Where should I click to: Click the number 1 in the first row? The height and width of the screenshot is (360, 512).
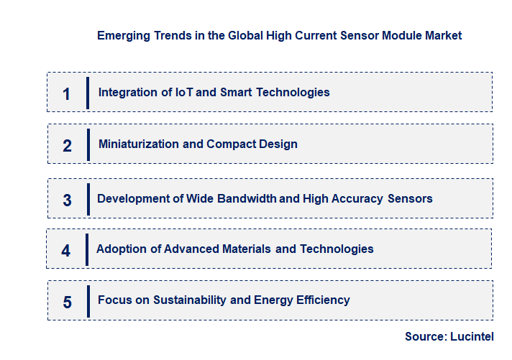pos(66,94)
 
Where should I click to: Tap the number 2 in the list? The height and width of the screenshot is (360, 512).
pos(67,146)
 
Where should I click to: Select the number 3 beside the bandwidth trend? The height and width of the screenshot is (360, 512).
pos(67,200)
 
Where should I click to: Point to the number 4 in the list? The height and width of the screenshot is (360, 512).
pos(66,251)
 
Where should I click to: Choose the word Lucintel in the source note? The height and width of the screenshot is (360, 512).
pos(472,336)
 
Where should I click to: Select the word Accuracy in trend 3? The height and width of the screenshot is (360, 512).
pos(357,198)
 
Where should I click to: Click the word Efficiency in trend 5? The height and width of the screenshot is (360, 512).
pos(323,300)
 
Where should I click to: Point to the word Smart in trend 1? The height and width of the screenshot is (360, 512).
pos(236,92)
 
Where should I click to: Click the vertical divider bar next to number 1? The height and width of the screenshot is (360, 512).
pos(88,93)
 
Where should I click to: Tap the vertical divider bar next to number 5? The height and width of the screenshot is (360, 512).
pos(88,301)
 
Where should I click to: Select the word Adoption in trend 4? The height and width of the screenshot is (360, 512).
pos(119,249)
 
